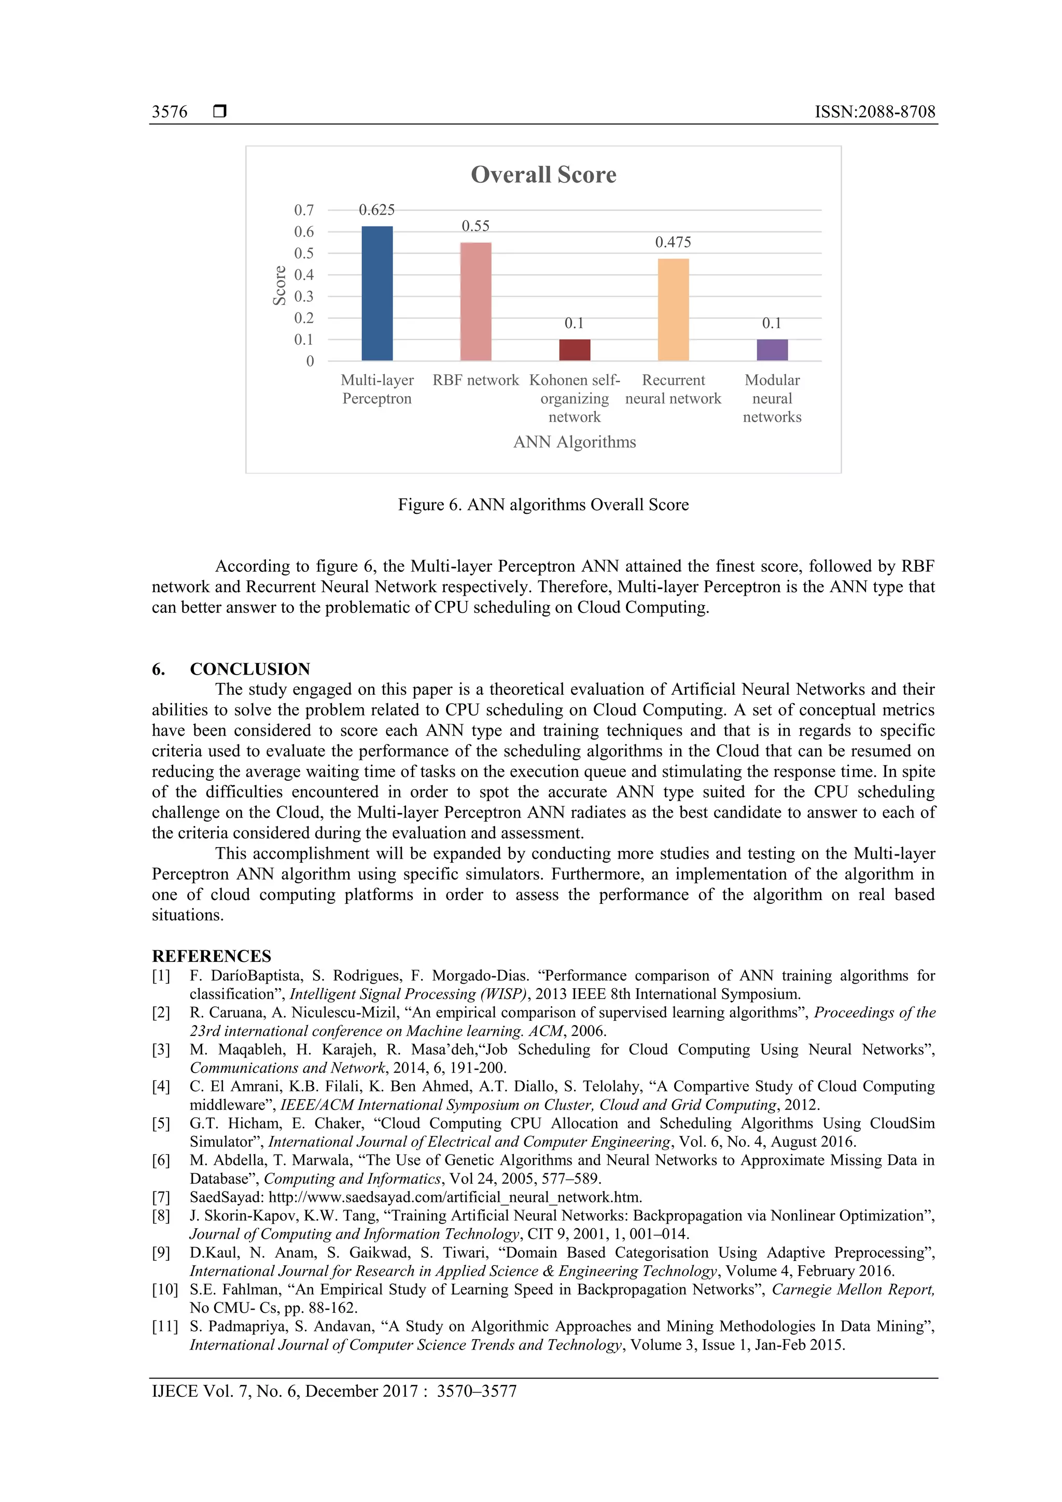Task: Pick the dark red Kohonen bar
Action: (575, 349)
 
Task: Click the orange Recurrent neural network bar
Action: (673, 310)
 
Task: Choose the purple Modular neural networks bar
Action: (772, 349)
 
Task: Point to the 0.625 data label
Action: (377, 210)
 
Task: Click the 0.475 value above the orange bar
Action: (673, 242)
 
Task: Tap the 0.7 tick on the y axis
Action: (304, 210)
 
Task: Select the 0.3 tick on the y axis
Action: (304, 297)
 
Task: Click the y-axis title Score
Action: (280, 285)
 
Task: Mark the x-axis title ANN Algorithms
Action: (575, 442)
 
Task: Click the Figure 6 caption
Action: (543, 504)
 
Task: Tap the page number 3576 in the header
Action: (170, 112)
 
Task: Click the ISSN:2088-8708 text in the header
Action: (875, 112)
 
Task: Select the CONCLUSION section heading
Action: (250, 669)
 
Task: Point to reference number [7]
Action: (161, 1197)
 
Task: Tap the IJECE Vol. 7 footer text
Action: (334, 1391)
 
